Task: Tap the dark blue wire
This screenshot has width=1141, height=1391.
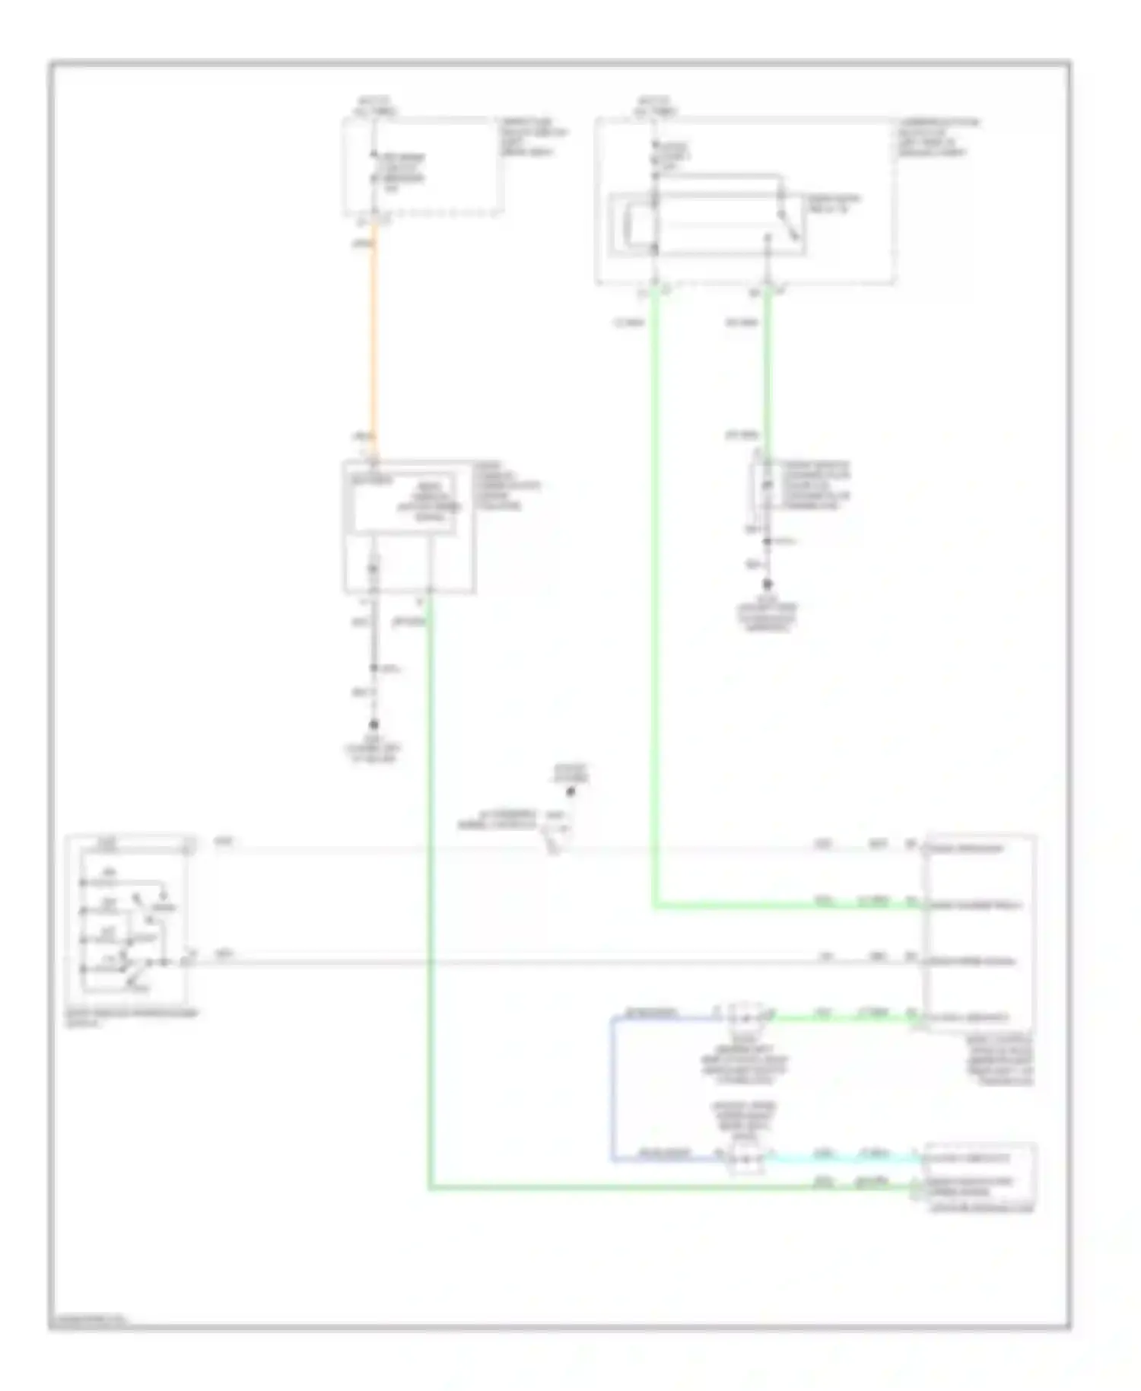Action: click(612, 1088)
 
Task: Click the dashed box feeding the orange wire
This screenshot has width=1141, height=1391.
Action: click(423, 166)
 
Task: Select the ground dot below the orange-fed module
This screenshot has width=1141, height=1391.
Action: click(373, 725)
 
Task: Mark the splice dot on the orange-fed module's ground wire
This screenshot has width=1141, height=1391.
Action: click(373, 668)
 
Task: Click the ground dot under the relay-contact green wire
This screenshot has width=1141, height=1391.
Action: click(768, 584)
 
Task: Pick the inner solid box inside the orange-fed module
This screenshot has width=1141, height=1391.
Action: click(402, 503)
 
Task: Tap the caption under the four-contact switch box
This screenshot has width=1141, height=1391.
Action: click(129, 1017)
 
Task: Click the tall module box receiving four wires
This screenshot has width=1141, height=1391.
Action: click(979, 933)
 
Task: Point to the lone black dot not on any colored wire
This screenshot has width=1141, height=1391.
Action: click(570, 792)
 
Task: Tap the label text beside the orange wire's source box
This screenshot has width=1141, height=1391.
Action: click(533, 137)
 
